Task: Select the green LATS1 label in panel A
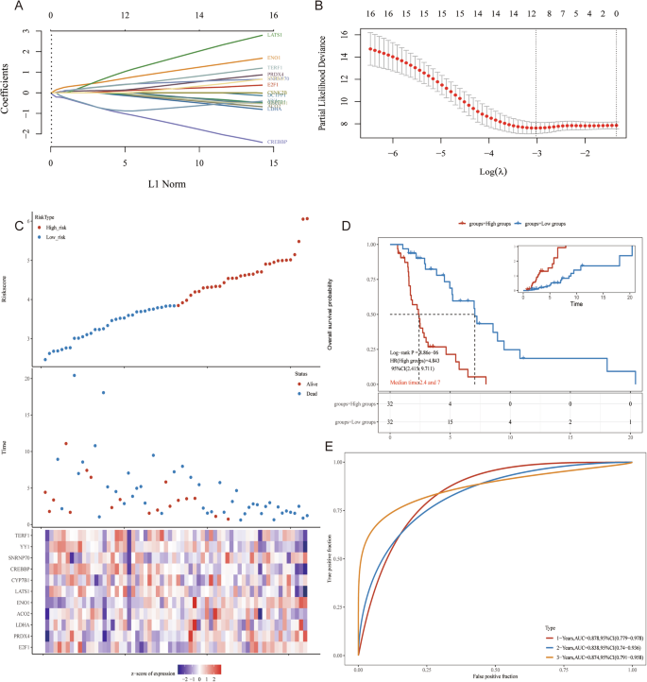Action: point(275,35)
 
